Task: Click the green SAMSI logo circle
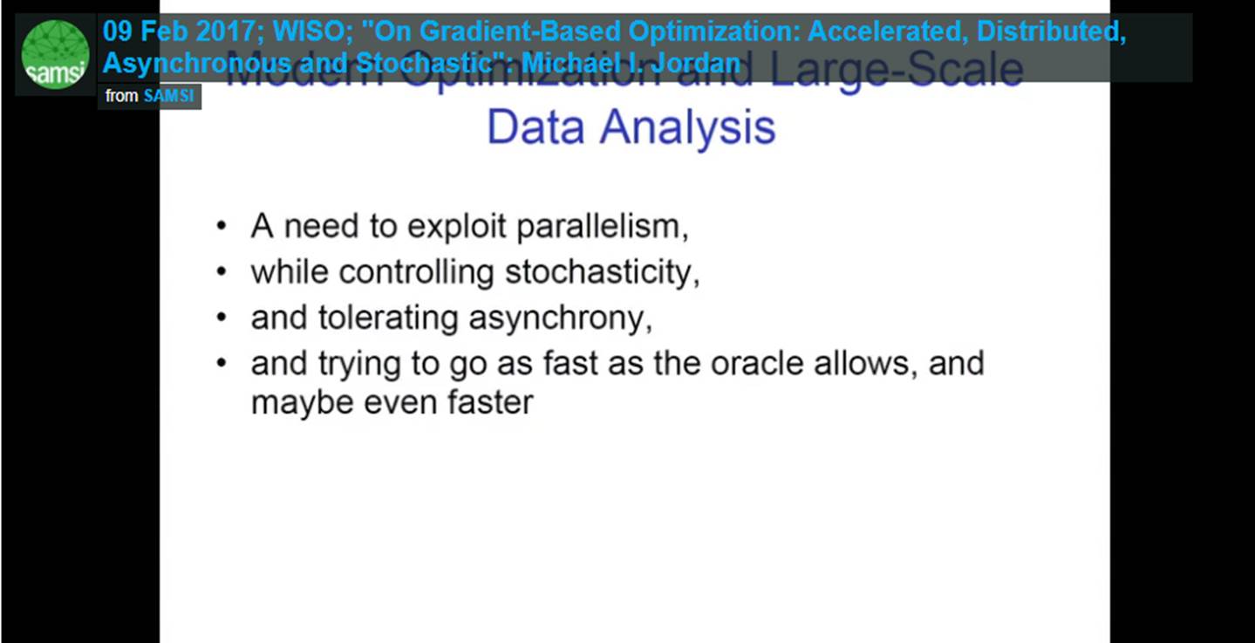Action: coord(55,54)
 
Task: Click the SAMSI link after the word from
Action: coord(168,96)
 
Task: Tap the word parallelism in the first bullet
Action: coord(602,227)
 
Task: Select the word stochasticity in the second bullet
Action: coord(603,273)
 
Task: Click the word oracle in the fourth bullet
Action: coord(757,363)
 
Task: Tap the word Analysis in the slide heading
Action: coord(687,128)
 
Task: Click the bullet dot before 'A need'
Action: coord(222,228)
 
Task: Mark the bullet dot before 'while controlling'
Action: coord(222,273)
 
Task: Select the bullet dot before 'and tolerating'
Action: coord(222,318)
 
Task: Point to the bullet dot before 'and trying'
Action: coord(222,363)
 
